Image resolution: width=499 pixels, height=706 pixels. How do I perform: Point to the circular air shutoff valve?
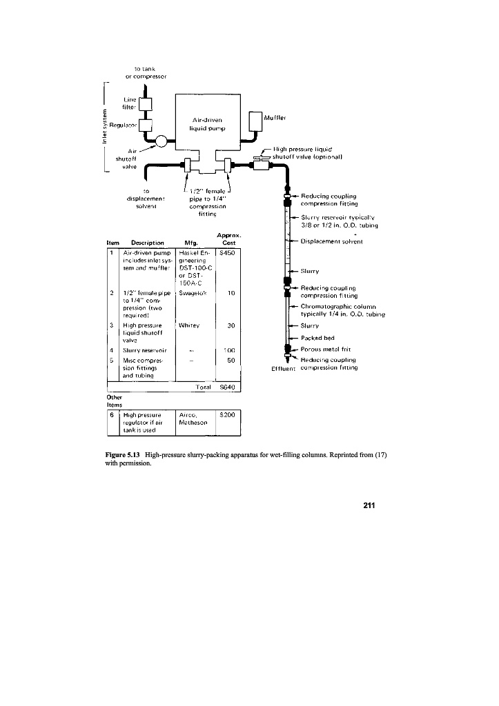coord(161,141)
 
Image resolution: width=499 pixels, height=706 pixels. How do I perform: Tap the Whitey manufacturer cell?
coord(188,325)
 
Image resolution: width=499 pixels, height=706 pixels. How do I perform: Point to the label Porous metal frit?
coord(329,350)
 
